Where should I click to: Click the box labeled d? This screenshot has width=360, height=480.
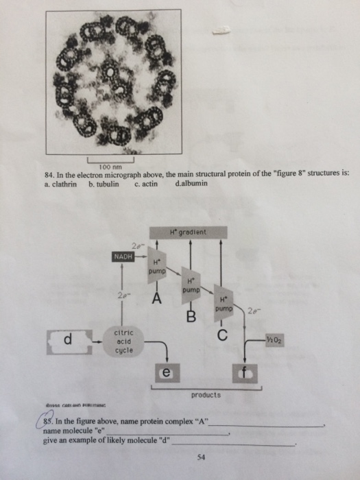pyautogui.click(x=67, y=339)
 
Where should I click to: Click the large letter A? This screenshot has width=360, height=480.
pyautogui.click(x=157, y=298)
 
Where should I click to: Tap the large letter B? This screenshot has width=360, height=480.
pyautogui.click(x=191, y=317)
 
